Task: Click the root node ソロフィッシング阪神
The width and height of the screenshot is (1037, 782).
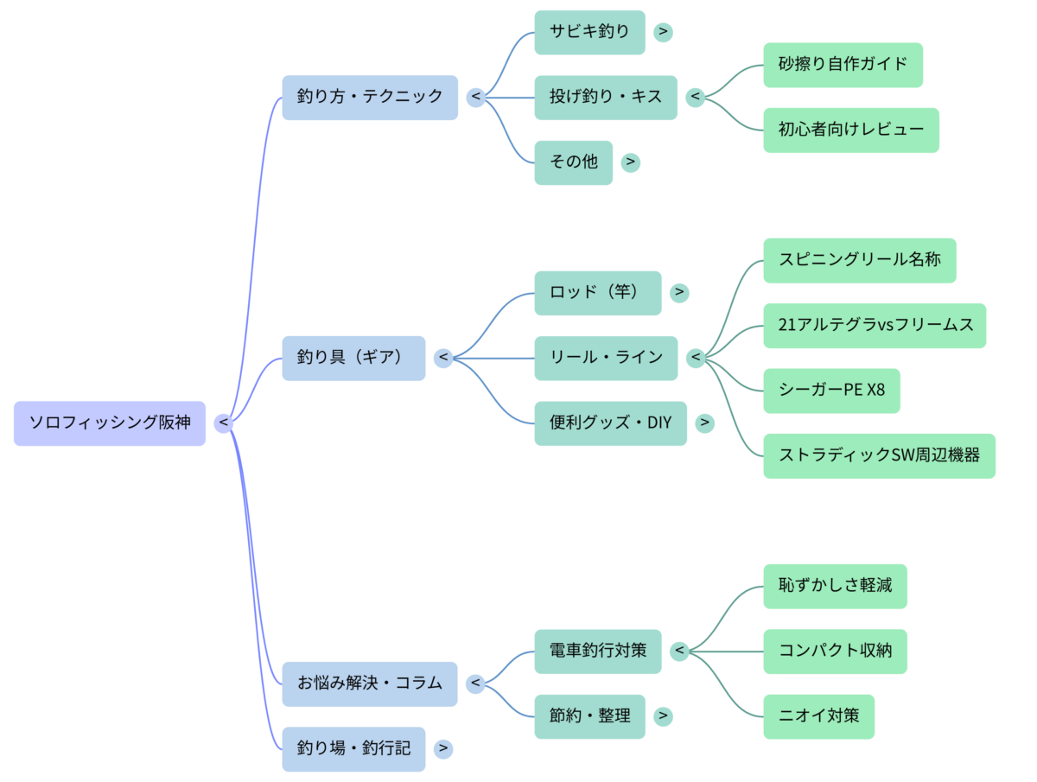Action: coord(110,423)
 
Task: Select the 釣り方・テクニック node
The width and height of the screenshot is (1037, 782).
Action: coord(370,97)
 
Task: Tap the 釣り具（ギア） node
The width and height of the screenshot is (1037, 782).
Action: coord(353,358)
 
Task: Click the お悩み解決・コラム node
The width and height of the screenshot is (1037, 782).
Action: coord(370,683)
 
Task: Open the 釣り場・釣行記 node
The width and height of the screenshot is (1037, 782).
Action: coord(353,748)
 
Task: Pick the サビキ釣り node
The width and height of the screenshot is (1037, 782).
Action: coord(589,32)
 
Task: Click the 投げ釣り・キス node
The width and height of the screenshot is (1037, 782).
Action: coord(606,97)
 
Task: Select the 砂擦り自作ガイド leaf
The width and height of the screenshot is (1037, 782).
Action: coord(843,64)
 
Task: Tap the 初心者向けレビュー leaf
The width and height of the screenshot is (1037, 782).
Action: coord(850,130)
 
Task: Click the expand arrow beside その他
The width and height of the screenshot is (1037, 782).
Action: coord(631,162)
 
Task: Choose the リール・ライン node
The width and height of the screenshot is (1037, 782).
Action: coord(606,358)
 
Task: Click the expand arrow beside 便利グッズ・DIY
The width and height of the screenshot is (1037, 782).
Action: coord(705,423)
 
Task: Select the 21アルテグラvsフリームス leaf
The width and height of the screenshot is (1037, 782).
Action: coord(874,325)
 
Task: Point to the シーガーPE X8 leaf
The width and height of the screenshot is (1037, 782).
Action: coord(831,391)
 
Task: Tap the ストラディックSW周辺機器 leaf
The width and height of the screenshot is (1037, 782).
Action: coord(879,455)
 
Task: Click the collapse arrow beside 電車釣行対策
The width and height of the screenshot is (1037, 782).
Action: coord(680,651)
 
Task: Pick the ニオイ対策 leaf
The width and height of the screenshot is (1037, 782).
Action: coord(818,716)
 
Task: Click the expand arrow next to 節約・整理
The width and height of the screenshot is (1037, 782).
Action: coord(663,716)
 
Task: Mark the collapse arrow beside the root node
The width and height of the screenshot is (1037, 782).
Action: coord(224,423)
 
